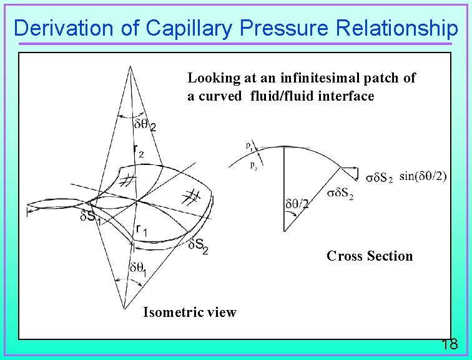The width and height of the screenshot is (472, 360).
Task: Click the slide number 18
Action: (x=449, y=344)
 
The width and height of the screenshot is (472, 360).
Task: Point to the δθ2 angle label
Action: (x=145, y=125)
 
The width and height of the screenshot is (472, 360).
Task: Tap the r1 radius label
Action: (x=142, y=230)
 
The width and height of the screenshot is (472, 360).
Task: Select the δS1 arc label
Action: (x=92, y=217)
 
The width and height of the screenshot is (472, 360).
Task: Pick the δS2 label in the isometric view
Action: (x=199, y=246)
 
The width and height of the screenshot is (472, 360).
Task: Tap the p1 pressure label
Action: (x=249, y=146)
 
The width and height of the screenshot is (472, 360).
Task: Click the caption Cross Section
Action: (x=370, y=256)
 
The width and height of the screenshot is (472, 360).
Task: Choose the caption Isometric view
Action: (x=189, y=312)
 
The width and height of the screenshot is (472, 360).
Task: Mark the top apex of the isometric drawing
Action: (x=131, y=66)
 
